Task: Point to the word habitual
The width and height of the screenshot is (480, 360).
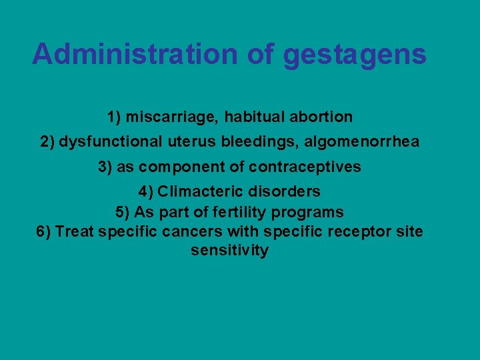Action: coord(253,117)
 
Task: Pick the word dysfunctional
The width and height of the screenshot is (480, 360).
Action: coord(111,142)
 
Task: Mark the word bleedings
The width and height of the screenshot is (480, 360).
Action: coord(248,142)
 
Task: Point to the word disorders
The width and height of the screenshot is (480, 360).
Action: coord(286,192)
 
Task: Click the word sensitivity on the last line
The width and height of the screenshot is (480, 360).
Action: coord(229,251)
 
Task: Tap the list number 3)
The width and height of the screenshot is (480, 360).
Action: coord(105,167)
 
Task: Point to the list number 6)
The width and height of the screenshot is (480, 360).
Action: coord(43,232)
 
